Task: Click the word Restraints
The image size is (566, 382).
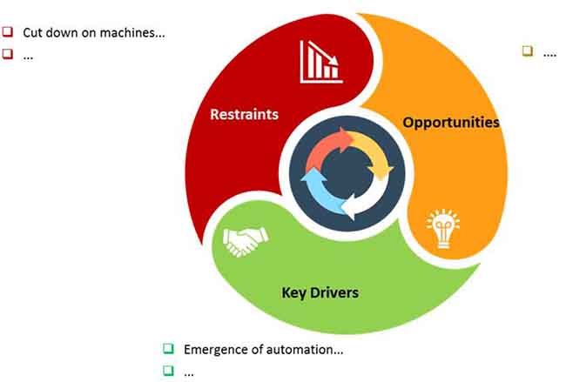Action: (x=244, y=114)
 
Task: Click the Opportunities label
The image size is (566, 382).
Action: (x=451, y=123)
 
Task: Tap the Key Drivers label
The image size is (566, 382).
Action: (x=320, y=292)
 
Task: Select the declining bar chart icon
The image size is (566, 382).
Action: (x=321, y=62)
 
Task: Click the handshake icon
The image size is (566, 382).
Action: (x=246, y=241)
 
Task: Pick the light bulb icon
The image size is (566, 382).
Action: (x=443, y=228)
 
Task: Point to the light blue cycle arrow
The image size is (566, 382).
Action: (x=320, y=193)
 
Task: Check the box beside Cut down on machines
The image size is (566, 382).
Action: (x=8, y=31)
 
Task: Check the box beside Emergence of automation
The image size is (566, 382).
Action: (x=168, y=348)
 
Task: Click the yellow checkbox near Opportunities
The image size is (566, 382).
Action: (x=528, y=50)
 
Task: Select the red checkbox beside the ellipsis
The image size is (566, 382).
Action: (x=8, y=54)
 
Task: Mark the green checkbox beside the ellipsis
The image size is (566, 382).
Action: (x=168, y=371)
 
